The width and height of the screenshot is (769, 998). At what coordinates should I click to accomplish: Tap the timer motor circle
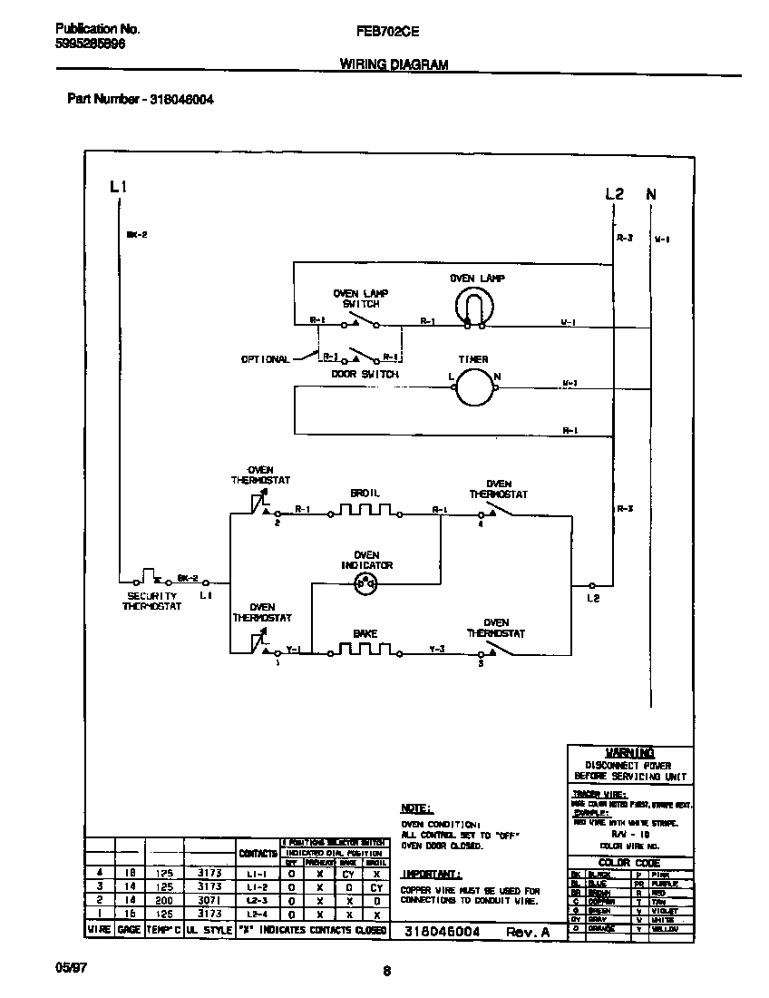[x=472, y=387]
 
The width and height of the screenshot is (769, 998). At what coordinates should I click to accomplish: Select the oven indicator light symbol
[x=366, y=585]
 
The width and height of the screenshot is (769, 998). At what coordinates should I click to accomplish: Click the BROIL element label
[x=365, y=493]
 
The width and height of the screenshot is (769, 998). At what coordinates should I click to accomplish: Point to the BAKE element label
[x=365, y=633]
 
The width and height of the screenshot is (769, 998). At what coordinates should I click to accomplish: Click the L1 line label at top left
[x=118, y=187]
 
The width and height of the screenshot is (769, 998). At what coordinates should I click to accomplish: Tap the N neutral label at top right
[x=651, y=194]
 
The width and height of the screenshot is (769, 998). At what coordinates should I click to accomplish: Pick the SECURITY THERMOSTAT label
[x=152, y=601]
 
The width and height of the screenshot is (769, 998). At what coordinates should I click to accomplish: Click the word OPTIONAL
[x=265, y=359]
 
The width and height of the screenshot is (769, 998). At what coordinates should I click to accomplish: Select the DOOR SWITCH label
[x=365, y=374]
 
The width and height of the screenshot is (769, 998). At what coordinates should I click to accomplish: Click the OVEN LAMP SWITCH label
[x=360, y=298]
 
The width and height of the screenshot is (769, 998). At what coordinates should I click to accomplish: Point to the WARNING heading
[x=630, y=752]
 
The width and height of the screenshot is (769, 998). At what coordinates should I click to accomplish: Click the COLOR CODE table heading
[x=630, y=863]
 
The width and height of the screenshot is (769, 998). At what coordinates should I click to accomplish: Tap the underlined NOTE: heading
[x=416, y=807]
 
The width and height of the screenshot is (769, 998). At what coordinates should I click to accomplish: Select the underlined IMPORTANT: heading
[x=431, y=874]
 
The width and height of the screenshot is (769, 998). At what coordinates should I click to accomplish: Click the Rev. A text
[x=528, y=932]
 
